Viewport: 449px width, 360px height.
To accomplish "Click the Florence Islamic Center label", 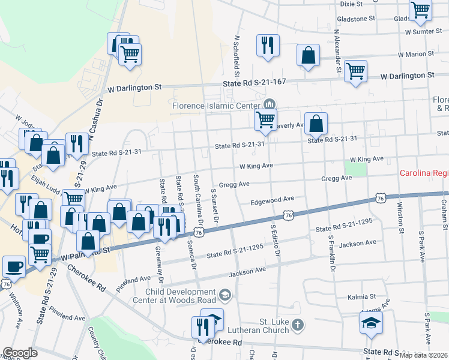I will tap(215, 106).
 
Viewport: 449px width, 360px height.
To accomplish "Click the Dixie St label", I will tap(351, 4).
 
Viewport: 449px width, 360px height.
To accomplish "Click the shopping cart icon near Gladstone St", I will tap(420, 10).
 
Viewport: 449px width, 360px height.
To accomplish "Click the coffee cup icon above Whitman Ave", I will tap(14, 266).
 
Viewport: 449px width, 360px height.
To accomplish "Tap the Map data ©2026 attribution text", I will tap(423, 355).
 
